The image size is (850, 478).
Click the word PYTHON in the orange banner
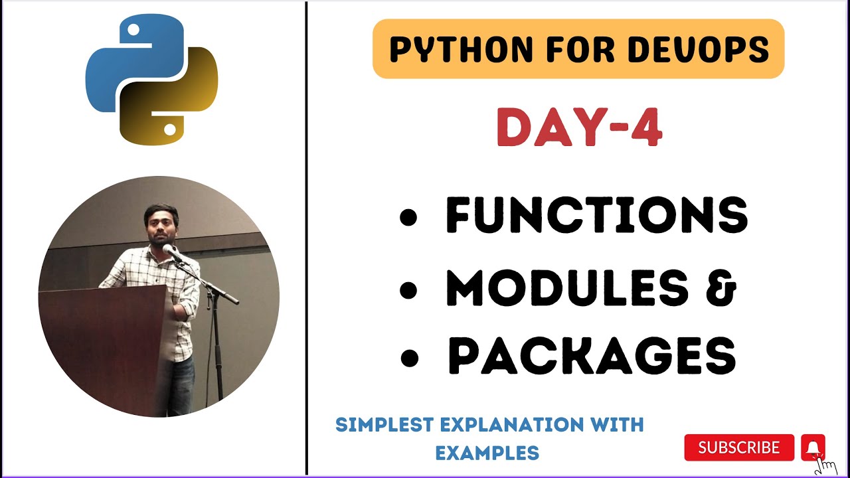(x=451, y=50)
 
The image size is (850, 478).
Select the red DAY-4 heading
(x=579, y=128)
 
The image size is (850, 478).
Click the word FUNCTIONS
(x=596, y=216)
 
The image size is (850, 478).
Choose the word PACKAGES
(x=592, y=357)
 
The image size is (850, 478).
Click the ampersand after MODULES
(x=721, y=287)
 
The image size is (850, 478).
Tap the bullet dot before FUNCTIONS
(x=410, y=217)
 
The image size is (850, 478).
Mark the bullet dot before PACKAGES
(x=410, y=358)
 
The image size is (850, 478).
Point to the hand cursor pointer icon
(x=825, y=465)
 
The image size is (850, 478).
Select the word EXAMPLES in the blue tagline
(x=487, y=453)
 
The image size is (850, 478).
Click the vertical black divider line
(x=306, y=239)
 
